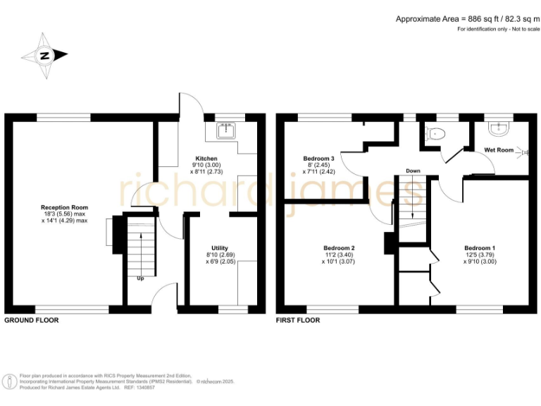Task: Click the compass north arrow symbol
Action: pyautogui.click(x=44, y=55)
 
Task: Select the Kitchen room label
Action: pyautogui.click(x=206, y=159)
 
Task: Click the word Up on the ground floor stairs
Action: pyautogui.click(x=141, y=277)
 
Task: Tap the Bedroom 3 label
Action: pyautogui.click(x=319, y=159)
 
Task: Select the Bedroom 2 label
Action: pyautogui.click(x=339, y=248)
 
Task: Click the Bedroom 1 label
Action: pyautogui.click(x=480, y=248)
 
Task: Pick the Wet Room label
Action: pyautogui.click(x=499, y=150)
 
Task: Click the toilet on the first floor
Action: pyautogui.click(x=435, y=133)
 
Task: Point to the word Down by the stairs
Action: pyautogui.click(x=413, y=171)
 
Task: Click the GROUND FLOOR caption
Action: pyautogui.click(x=32, y=320)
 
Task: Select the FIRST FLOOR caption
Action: pyautogui.click(x=298, y=320)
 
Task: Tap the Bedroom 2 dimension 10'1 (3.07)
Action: pyautogui.click(x=339, y=262)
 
